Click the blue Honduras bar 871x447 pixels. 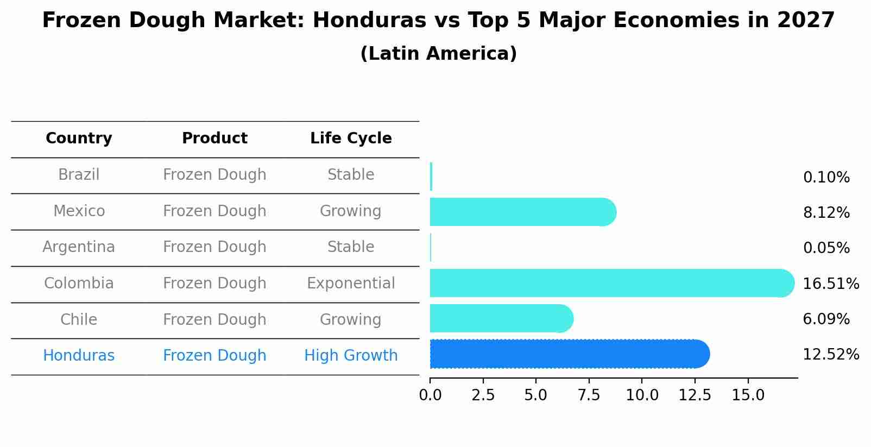pyautogui.click(x=569, y=354)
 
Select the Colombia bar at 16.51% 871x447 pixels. pyautogui.click(x=611, y=283)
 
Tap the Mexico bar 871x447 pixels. pyautogui.click(x=522, y=212)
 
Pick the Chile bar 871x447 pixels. pyautogui.click(x=501, y=318)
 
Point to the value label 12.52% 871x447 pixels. pyautogui.click(x=830, y=355)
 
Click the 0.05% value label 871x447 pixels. pyautogui.click(x=826, y=248)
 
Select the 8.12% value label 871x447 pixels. pyautogui.click(x=826, y=213)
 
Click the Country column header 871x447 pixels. pyautogui.click(x=79, y=138)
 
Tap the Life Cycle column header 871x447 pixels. pyautogui.click(x=351, y=138)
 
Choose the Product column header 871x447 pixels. pyautogui.click(x=214, y=138)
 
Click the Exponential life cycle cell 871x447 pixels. pyautogui.click(x=351, y=284)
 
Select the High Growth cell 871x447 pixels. pyautogui.click(x=351, y=356)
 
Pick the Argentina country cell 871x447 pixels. pyautogui.click(x=79, y=247)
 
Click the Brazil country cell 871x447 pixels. pyautogui.click(x=79, y=175)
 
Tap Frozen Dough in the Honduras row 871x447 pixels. pyautogui.click(x=214, y=356)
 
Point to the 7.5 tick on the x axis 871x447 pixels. pyautogui.click(x=589, y=395)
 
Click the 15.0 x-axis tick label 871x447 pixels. pyautogui.click(x=748, y=395)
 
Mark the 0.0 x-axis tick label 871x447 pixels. pyautogui.click(x=430, y=395)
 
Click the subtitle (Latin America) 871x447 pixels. pyautogui.click(x=438, y=54)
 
